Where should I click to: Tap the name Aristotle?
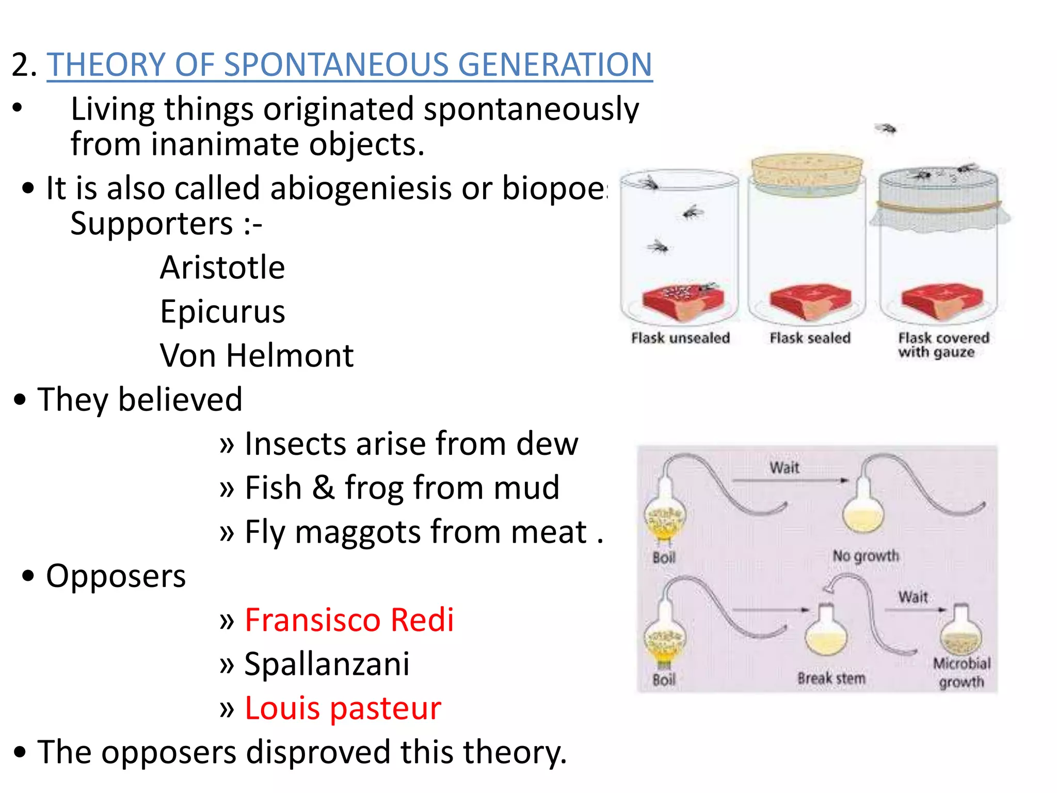coord(222,267)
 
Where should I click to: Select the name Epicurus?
coord(222,311)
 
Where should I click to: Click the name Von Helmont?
coord(257,355)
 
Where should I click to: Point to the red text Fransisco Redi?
coord(349,620)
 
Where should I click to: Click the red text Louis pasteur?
coord(343,708)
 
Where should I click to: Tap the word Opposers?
coord(116,576)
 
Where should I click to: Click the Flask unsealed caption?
coord(680,338)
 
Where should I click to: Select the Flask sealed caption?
coord(810,338)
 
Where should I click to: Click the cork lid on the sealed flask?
coord(807,168)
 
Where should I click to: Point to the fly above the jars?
coord(886,128)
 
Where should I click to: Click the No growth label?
coord(866,556)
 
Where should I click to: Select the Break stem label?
coord(831,678)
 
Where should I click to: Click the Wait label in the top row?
coord(784,468)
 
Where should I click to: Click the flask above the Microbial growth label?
coord(960,632)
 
